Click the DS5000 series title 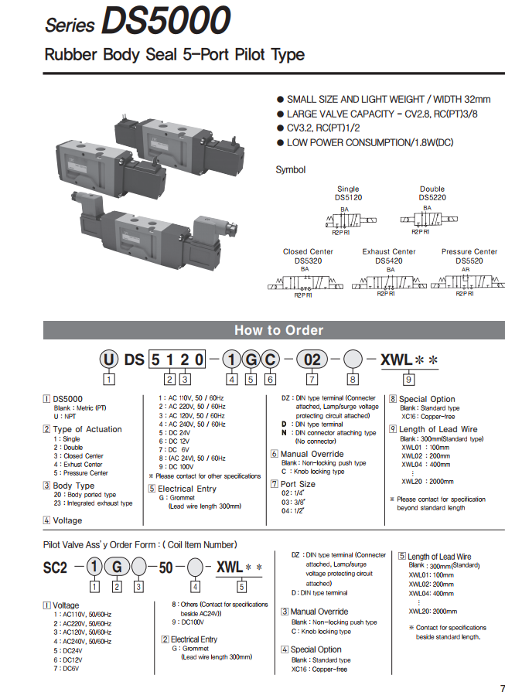pos(138,21)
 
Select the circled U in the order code pos(110,359)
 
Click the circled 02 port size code pos(311,359)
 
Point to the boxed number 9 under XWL pos(409,379)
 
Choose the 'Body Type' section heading pos(73,486)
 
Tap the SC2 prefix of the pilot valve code pos(55,567)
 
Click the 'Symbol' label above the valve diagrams pos(291,169)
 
